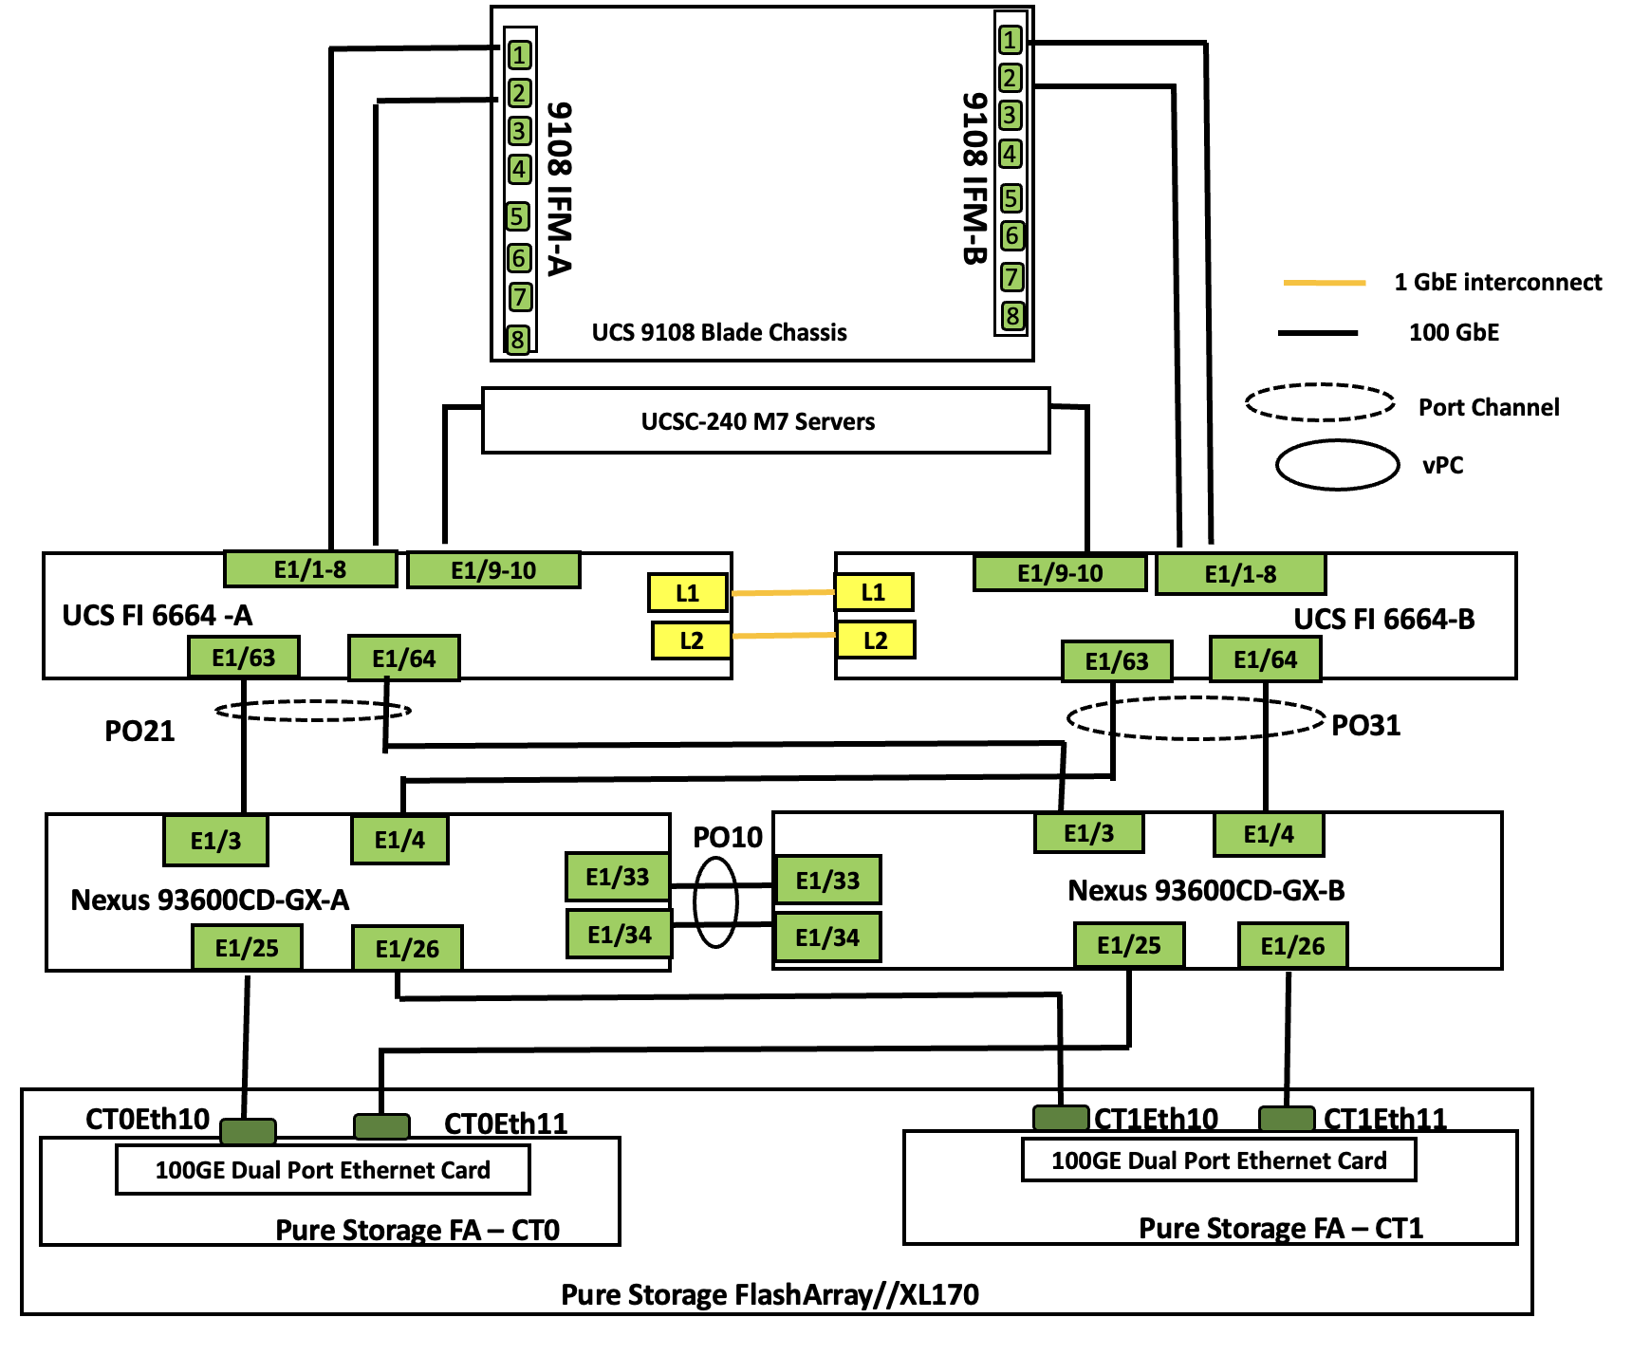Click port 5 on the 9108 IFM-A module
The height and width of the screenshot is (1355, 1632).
click(x=517, y=216)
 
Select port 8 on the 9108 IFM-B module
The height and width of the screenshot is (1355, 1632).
click(x=1012, y=315)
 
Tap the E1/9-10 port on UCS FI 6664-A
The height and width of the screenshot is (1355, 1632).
click(x=493, y=570)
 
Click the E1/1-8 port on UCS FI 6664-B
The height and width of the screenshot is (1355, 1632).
click(x=1240, y=574)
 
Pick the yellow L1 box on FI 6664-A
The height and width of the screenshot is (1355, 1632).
click(x=687, y=593)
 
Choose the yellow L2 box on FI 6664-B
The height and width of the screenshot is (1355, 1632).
click(x=875, y=640)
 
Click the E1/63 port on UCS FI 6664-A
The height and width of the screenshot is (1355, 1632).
click(x=244, y=657)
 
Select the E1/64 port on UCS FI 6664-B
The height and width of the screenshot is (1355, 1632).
click(x=1265, y=659)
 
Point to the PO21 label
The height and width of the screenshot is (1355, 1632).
click(x=139, y=731)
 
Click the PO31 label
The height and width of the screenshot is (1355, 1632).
click(x=1365, y=725)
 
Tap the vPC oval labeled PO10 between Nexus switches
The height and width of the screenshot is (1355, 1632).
click(x=715, y=902)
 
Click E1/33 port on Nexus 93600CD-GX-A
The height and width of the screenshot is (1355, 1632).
click(x=618, y=876)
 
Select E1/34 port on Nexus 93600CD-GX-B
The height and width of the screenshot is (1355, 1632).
click(x=827, y=937)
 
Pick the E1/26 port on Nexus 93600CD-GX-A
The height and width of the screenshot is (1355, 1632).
click(x=407, y=948)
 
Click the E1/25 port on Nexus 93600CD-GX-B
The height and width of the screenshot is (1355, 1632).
click(x=1129, y=945)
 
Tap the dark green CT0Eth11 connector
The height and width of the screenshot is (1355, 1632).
click(x=381, y=1126)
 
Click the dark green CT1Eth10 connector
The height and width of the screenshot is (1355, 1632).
click(x=1061, y=1117)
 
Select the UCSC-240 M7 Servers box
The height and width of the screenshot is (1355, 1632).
click(x=765, y=420)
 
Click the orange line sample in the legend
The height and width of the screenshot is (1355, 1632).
click(x=1324, y=283)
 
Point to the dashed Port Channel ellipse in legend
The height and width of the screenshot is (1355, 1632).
click(x=1320, y=402)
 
